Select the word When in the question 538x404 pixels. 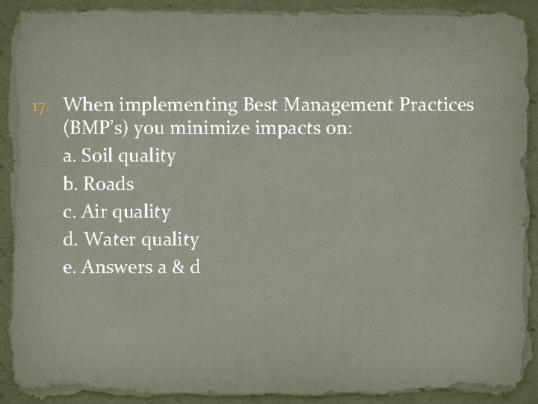[87, 104]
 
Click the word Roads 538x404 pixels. [109, 184]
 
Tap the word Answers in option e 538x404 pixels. [114, 267]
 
